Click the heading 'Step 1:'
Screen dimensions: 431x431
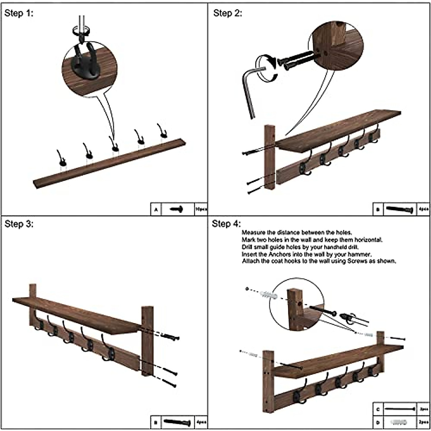click(x=19, y=14)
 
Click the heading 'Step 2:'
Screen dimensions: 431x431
click(x=228, y=14)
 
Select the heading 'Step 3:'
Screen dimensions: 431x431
click(x=19, y=224)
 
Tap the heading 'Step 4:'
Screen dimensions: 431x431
click(x=226, y=224)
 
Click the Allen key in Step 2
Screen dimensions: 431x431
click(x=250, y=90)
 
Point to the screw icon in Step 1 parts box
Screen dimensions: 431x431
click(x=176, y=209)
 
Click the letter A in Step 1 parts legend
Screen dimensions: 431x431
click(x=156, y=209)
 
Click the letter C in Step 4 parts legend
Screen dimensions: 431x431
click(x=378, y=409)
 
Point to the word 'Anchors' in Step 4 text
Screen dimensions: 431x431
click(x=274, y=254)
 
